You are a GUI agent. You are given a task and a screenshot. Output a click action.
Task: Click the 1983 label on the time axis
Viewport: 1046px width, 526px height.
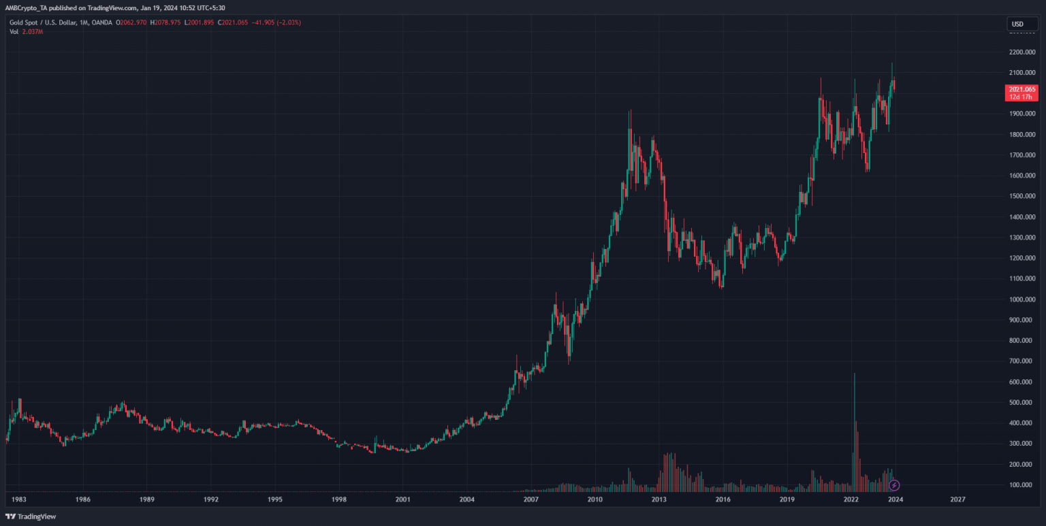pos(19,499)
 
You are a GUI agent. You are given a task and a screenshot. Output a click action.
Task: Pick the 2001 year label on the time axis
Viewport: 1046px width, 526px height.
pos(402,499)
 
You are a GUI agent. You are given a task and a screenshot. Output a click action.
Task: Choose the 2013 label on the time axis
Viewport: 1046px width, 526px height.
pos(659,499)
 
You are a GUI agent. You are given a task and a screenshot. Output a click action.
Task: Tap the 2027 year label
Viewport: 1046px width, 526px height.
pos(957,499)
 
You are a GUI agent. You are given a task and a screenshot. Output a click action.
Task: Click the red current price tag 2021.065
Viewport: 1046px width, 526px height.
pos(1021,89)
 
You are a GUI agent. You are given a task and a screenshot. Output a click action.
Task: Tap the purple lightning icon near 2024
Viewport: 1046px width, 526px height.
pos(895,485)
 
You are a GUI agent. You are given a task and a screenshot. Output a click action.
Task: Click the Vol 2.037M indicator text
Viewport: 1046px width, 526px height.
pos(26,31)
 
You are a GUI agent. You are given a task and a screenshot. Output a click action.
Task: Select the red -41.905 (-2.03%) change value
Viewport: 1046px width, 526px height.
pos(278,22)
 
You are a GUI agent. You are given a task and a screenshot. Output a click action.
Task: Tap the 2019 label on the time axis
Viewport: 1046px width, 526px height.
pos(787,499)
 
